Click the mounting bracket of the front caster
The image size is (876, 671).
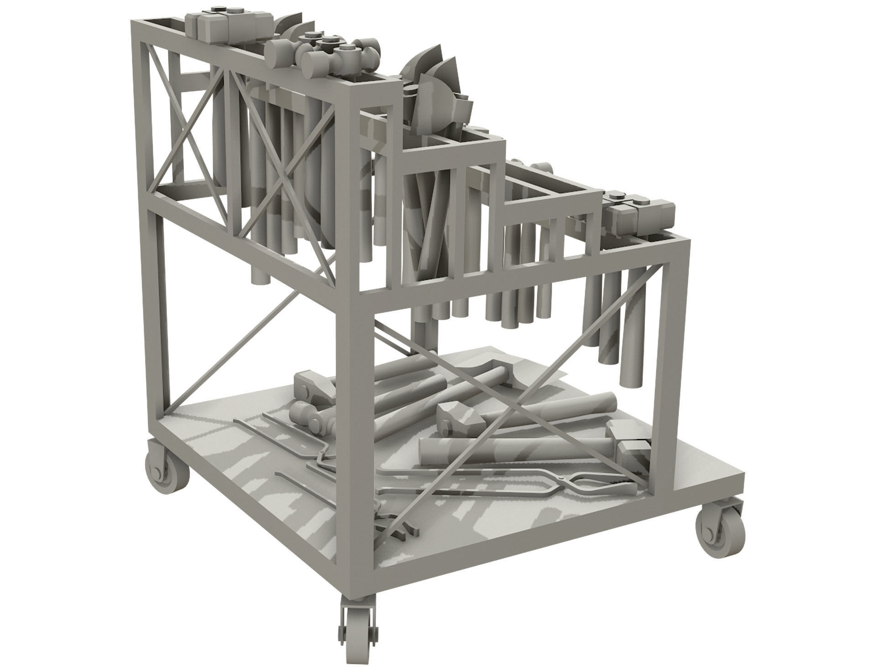(359, 602)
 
